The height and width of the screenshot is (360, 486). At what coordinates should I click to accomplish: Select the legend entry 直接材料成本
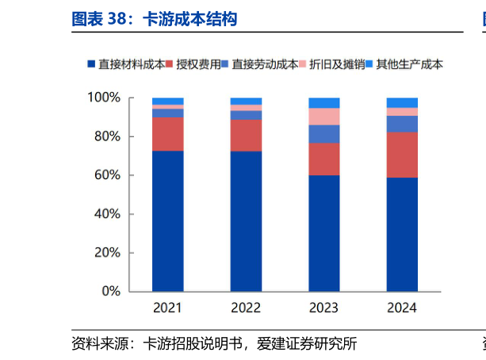[x=131, y=64]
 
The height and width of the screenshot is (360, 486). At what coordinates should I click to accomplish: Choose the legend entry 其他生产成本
[x=408, y=64]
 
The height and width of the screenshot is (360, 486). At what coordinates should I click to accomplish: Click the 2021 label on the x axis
[x=167, y=308]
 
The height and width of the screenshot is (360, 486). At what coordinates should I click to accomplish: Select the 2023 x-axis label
[x=323, y=308]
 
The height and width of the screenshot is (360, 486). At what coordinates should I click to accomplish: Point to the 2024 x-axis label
[x=402, y=308]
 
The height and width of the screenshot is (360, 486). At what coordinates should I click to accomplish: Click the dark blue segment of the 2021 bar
[x=167, y=221]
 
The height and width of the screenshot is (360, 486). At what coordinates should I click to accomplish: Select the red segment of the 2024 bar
[x=402, y=155]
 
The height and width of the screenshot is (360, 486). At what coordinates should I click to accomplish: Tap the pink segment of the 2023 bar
[x=323, y=117]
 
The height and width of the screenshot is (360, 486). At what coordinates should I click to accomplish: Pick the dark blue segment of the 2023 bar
[x=323, y=233]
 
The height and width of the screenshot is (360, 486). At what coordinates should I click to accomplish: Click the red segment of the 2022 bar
[x=246, y=136]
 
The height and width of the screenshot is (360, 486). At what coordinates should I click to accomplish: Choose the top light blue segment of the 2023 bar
[x=323, y=102]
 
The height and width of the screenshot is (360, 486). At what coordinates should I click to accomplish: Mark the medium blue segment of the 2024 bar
[x=402, y=124]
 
